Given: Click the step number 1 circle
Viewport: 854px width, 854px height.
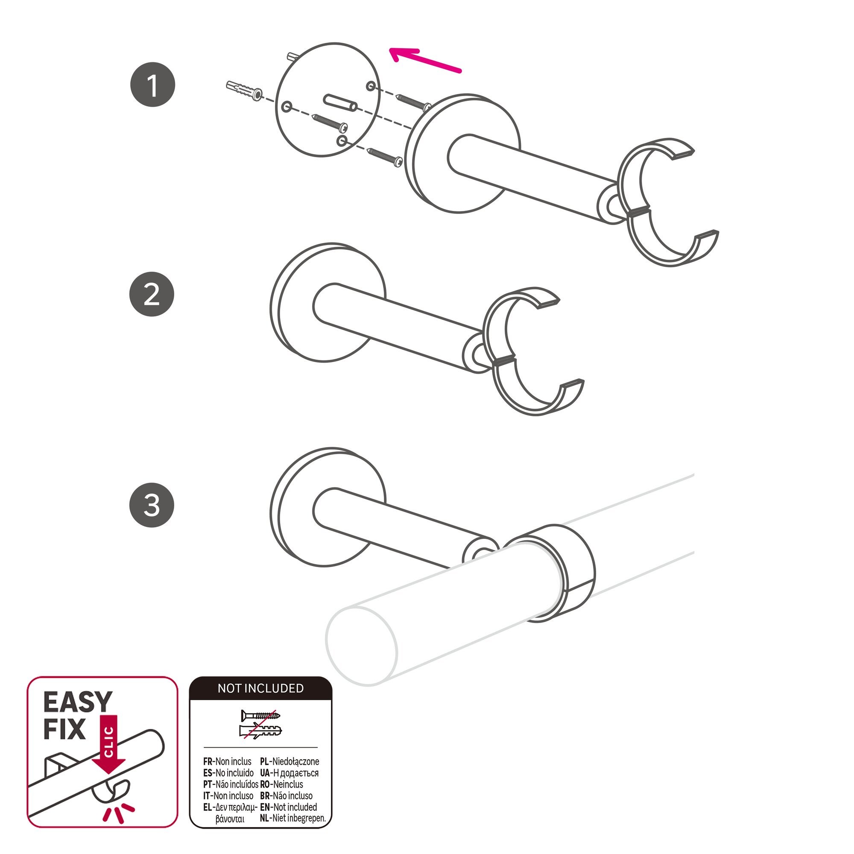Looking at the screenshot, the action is (x=152, y=85).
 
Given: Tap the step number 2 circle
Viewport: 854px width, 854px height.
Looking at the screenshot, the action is (x=152, y=294).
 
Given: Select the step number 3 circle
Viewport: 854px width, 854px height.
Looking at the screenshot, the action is (x=152, y=504).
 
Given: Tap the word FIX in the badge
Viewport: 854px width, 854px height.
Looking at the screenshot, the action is (x=64, y=730).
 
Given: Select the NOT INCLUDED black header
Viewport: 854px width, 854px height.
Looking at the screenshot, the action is (x=260, y=688).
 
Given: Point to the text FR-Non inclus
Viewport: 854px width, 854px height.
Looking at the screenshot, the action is (x=227, y=761).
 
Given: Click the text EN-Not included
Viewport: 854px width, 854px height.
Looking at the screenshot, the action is (x=288, y=807).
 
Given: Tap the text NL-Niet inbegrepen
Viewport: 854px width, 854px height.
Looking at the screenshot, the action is (x=292, y=818).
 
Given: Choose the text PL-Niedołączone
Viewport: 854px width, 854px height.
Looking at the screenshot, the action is (x=290, y=761).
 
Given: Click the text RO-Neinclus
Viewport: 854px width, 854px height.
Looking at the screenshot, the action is (x=281, y=784).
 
